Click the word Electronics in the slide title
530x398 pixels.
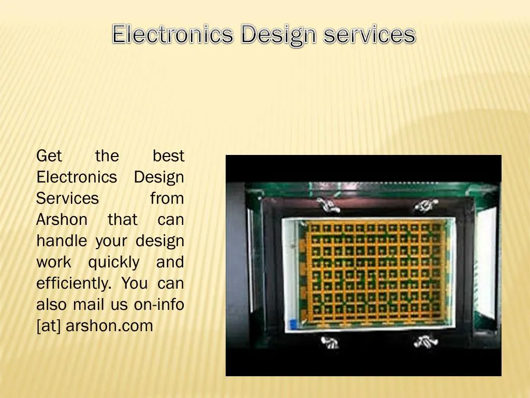point(173,35)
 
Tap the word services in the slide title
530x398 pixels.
point(369,35)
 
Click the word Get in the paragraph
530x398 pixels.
point(49,155)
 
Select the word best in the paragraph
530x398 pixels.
point(169,155)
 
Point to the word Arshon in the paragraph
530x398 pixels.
point(62,220)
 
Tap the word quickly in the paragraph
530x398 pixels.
point(114,263)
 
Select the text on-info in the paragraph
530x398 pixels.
point(159,305)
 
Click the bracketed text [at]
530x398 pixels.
point(49,326)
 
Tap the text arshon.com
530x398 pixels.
point(109,326)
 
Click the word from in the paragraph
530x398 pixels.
point(167,198)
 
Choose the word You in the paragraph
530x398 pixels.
point(135,283)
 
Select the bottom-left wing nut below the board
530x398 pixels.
point(330,342)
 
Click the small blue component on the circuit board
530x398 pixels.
point(293,324)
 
